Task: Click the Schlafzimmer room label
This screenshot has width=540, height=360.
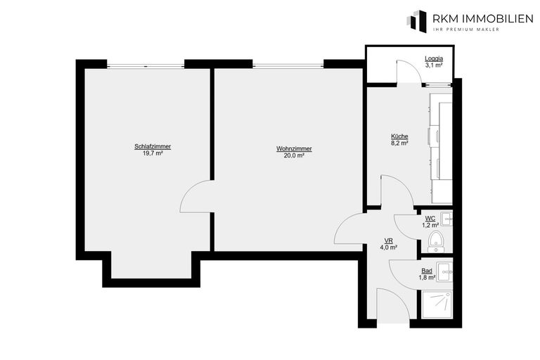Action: point(153,146)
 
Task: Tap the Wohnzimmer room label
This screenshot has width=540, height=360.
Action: point(294,148)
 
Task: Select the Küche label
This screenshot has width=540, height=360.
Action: point(399,136)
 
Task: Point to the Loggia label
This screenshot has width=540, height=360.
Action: point(434,59)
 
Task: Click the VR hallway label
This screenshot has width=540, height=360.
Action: point(389,240)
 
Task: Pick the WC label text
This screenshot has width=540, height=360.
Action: point(429,219)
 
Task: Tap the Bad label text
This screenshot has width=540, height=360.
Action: point(427,271)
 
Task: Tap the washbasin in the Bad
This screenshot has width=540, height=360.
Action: point(445,269)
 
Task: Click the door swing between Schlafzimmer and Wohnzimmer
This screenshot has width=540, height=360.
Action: point(197,196)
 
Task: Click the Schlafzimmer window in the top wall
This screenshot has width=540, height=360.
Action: point(146,67)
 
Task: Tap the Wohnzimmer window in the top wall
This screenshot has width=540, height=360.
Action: point(288,67)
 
